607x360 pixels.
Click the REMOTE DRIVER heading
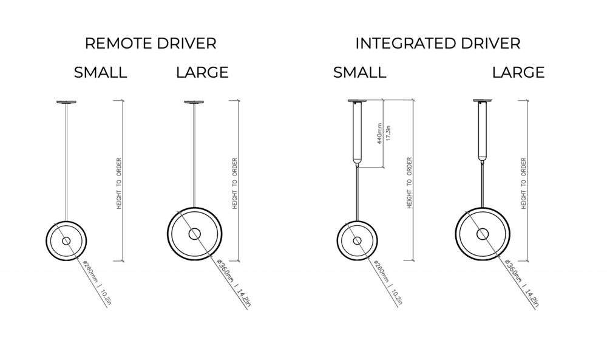[x=151, y=44]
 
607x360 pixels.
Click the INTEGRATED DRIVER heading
[x=438, y=44]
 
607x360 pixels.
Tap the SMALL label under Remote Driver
[x=101, y=73]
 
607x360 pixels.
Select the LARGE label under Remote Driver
[x=202, y=73]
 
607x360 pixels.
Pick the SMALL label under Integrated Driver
[x=359, y=73]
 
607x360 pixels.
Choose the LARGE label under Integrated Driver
[x=518, y=73]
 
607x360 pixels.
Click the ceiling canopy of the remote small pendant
[x=66, y=102]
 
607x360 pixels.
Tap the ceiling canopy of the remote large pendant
[x=194, y=102]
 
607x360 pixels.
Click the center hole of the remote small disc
[x=66, y=242]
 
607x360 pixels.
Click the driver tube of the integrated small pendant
[x=357, y=134]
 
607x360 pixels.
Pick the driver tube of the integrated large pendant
[x=483, y=134]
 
